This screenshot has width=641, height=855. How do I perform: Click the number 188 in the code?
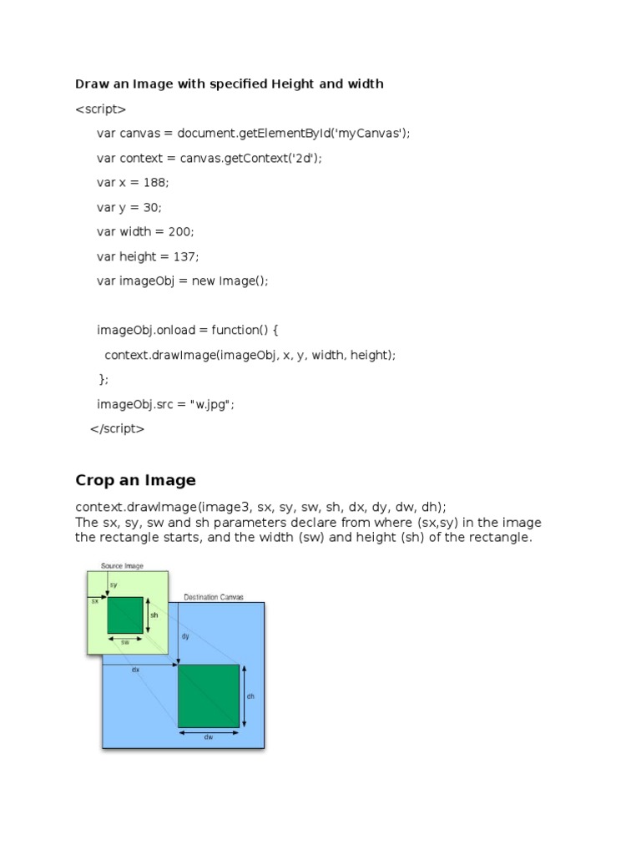pos(156,182)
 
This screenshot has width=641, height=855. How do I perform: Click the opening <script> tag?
pos(100,109)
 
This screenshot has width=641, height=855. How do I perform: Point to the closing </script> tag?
pos(117,429)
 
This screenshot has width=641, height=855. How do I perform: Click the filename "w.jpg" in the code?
pos(209,404)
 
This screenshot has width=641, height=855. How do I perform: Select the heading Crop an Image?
pos(135,480)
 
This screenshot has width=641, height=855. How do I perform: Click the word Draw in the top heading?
pos(91,83)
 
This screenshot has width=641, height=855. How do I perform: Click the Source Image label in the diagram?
pos(122,566)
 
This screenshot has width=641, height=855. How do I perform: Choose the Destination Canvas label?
pos(214,597)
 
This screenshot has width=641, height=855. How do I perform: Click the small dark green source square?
pos(124,615)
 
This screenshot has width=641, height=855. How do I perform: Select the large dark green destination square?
pos(209,696)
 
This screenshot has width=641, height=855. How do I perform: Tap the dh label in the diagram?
pos(250,696)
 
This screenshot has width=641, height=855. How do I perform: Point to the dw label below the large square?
pos(208,736)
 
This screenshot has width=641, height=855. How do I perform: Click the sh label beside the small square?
pos(154,615)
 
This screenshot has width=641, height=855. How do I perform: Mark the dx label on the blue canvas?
pos(135,670)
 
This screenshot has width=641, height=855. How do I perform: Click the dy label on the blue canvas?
pos(185,636)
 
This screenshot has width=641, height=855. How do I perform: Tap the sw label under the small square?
pos(125,643)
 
